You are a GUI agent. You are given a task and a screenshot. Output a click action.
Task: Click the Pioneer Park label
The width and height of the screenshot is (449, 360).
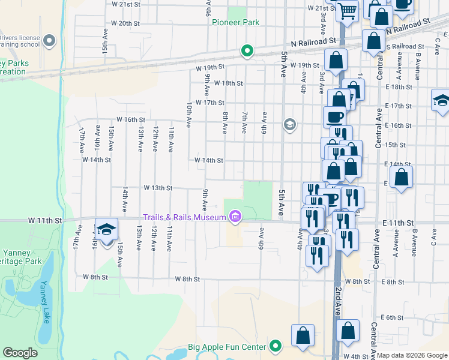[x=235, y=22]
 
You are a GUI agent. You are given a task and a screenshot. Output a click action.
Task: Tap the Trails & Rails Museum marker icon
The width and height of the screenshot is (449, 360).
[x=235, y=217]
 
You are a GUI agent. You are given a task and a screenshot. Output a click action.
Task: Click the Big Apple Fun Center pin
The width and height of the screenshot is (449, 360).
[x=276, y=346]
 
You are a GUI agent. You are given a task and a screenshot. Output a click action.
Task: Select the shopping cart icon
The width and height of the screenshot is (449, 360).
[x=347, y=10]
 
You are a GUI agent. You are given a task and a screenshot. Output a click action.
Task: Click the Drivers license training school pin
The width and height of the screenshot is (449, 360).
[x=49, y=41]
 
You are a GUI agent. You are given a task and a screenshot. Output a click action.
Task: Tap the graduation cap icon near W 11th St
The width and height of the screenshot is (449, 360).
[x=106, y=230]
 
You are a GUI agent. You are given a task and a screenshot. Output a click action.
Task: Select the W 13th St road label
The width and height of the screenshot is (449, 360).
[x=158, y=187]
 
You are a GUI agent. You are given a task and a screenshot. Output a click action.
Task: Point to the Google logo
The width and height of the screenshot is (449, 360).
[x=20, y=353]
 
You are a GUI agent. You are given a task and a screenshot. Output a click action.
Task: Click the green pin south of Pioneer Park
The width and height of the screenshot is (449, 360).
[x=246, y=50]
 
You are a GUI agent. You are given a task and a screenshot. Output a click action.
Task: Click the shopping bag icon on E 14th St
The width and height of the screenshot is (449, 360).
[x=401, y=178]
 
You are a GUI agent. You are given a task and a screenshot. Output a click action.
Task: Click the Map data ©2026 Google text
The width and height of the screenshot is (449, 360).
[x=412, y=355]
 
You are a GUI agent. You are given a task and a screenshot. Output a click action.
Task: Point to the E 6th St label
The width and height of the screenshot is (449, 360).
[x=391, y=317]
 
